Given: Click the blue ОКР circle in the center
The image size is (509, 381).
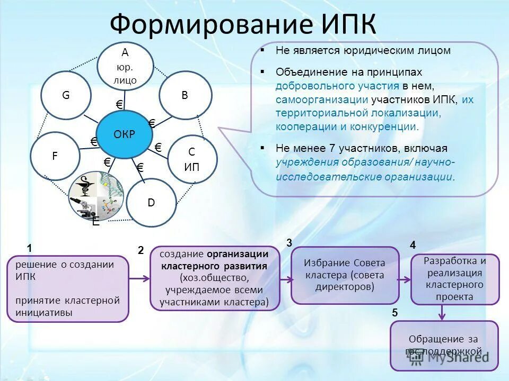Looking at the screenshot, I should (124, 134).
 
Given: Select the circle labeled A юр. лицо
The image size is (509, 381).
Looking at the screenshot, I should (125, 66).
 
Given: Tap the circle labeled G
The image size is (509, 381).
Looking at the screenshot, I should (66, 96).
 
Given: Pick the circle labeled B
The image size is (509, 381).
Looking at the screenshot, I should (185, 95).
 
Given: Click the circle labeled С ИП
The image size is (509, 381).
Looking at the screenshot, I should (192, 159).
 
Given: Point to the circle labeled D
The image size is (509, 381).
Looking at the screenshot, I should (151, 203).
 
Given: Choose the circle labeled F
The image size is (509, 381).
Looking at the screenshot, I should (55, 157).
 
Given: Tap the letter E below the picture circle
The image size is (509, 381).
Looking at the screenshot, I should (95, 222).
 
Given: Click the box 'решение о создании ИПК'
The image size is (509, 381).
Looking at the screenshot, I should (68, 288).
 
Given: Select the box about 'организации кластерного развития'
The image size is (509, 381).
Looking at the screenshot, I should (215, 278).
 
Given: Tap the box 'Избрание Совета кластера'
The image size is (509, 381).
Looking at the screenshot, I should (345, 275).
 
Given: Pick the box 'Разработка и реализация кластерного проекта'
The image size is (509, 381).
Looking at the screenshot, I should (454, 279).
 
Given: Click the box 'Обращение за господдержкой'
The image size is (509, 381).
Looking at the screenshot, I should (444, 345).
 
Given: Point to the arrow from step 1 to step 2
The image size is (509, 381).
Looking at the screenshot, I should (139, 278).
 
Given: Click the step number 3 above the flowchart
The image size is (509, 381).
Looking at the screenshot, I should (289, 243).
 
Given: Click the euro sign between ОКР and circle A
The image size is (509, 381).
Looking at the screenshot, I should (119, 104).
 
